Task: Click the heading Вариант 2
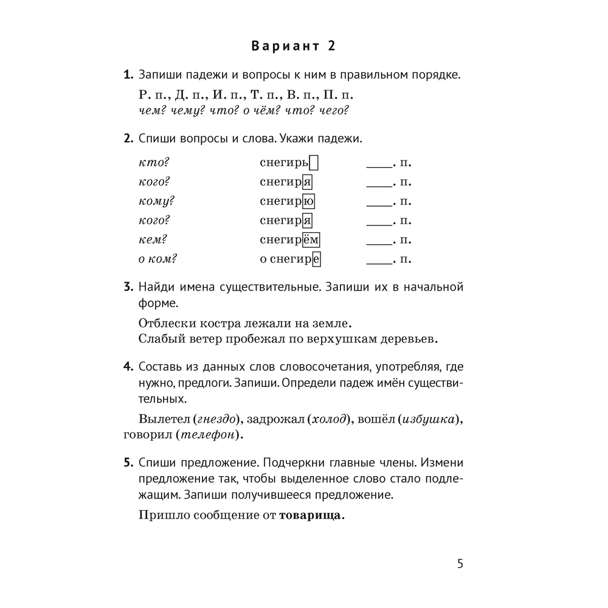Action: click(294, 47)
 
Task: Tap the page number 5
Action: click(460, 564)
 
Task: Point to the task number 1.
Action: click(128, 76)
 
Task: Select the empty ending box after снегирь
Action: click(314, 163)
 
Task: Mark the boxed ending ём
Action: click(311, 240)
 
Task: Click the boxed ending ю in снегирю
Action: click(308, 202)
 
